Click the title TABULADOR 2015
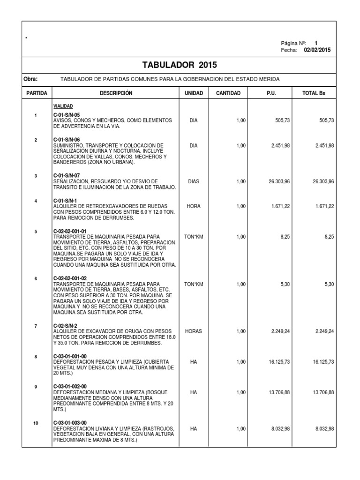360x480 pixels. click(x=180, y=65)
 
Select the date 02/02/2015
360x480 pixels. click(x=317, y=50)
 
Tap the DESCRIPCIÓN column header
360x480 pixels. click(x=116, y=93)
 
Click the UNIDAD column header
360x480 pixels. click(x=194, y=93)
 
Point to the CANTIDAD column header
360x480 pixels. click(x=228, y=93)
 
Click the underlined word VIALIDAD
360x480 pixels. click(x=63, y=106)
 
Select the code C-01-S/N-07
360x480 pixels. click(x=67, y=176)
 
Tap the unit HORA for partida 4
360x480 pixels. click(x=194, y=206)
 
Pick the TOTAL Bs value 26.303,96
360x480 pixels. click(x=323, y=181)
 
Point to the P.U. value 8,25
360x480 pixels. click(x=285, y=237)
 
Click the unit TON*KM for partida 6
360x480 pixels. click(x=194, y=285)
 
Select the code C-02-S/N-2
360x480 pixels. click(x=65, y=326)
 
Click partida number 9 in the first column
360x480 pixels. click(x=36, y=387)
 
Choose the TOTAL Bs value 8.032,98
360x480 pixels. click(x=324, y=428)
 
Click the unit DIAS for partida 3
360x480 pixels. click(x=194, y=181)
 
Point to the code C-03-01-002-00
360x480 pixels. click(x=70, y=386)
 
